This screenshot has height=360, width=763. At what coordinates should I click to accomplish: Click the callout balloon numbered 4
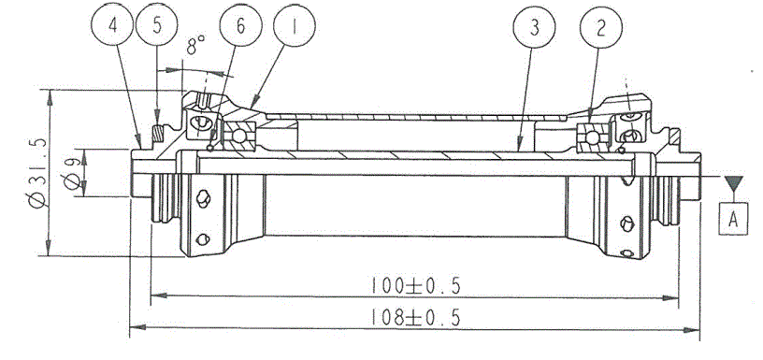[112, 26]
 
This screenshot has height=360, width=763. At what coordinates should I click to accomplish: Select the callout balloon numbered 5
[157, 26]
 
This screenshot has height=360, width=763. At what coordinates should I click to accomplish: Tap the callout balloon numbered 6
[240, 27]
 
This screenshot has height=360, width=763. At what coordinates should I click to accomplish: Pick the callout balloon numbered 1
[295, 27]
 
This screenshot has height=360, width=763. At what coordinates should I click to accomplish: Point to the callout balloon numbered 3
[534, 28]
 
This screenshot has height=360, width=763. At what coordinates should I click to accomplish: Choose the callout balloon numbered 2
[600, 28]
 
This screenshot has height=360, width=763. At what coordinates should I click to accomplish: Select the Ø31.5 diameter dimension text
[38, 173]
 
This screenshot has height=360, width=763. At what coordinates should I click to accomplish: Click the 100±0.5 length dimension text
[414, 285]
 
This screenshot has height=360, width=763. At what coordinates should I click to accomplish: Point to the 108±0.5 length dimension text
[414, 318]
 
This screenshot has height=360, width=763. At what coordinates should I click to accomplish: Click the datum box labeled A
[733, 220]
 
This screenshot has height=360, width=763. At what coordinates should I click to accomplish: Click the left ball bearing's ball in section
[238, 137]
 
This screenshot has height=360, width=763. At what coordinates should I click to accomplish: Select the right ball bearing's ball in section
[591, 137]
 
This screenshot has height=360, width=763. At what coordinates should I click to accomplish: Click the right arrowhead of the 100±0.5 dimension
[670, 297]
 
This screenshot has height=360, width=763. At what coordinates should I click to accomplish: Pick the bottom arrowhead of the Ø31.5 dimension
[49, 248]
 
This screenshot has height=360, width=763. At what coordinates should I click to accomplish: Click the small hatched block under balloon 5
[157, 134]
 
